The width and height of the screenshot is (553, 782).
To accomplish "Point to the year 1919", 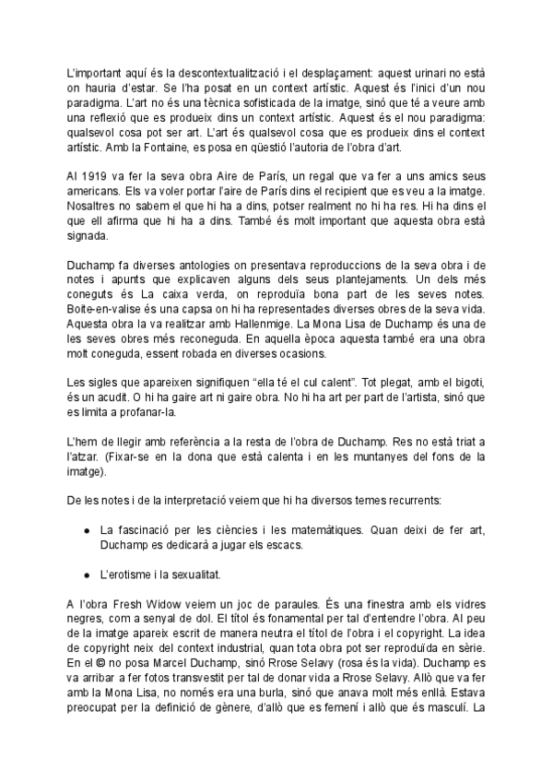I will [x=97, y=175].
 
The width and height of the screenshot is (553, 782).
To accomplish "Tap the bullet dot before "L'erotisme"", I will [x=86, y=574].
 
